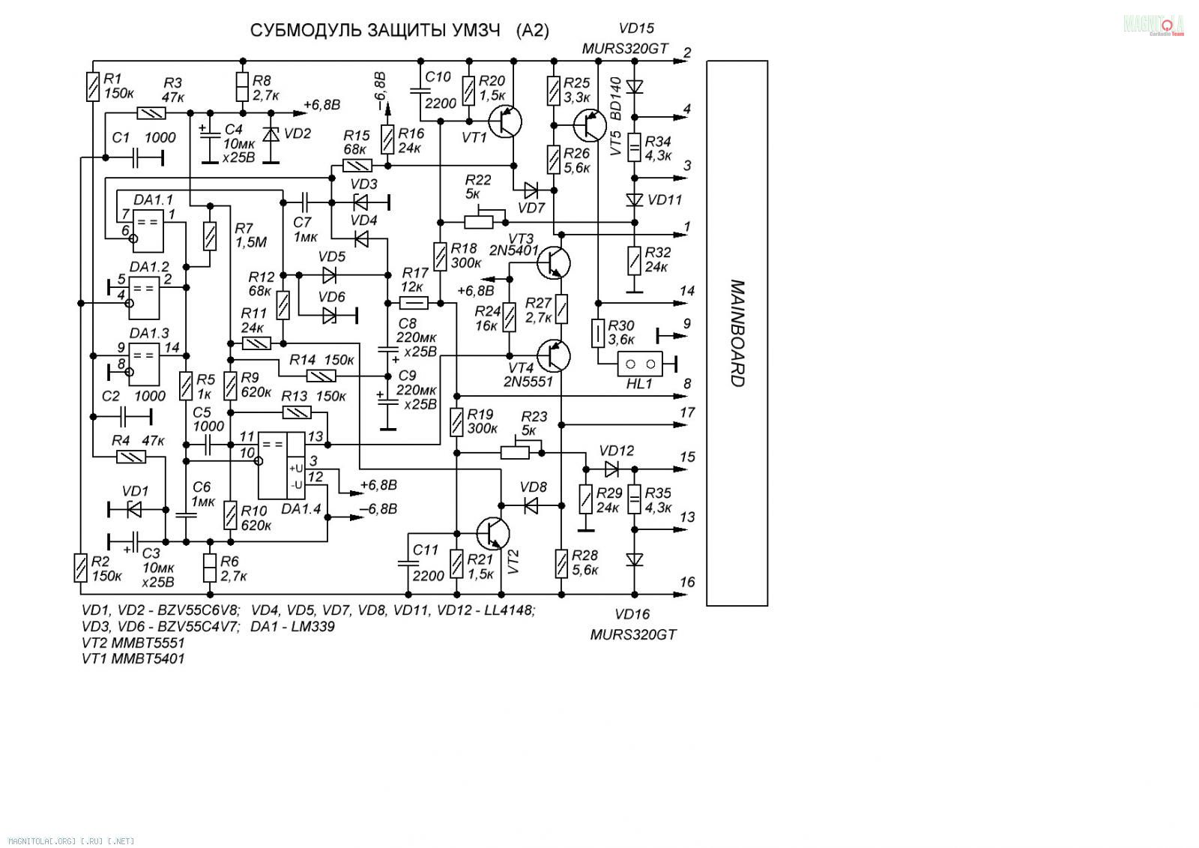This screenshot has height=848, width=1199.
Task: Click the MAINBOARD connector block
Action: [737, 333]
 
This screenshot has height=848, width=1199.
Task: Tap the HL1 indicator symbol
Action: [640, 364]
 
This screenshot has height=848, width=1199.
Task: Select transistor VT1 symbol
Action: [505, 121]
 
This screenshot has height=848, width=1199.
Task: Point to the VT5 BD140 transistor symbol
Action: [590, 125]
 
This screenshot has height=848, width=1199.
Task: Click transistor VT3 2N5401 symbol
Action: [554, 262]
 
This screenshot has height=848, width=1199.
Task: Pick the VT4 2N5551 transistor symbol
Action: [554, 355]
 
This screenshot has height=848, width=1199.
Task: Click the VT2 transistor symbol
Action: [493, 533]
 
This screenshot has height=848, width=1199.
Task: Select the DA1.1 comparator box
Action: [148, 232]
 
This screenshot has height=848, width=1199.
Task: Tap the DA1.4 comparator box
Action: [282, 466]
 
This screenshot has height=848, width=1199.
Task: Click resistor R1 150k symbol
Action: [93, 87]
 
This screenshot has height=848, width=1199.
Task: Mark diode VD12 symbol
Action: [611, 469]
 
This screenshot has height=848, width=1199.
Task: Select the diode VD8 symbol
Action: [531, 505]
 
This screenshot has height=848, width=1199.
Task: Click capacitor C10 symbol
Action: [420, 91]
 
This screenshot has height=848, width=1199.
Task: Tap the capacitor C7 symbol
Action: [304, 202]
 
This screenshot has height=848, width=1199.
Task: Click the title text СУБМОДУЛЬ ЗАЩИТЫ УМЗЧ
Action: [375, 31]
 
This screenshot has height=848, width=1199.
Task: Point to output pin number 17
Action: [687, 412]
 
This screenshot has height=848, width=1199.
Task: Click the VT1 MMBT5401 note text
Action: [133, 658]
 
